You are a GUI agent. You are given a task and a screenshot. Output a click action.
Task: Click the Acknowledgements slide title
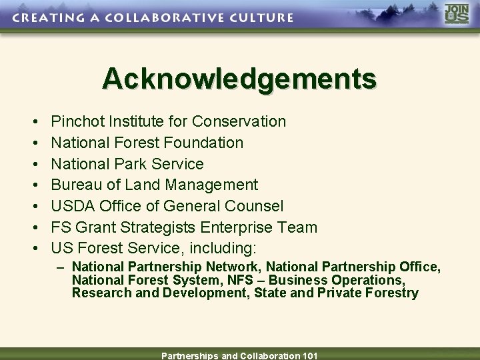(x=239, y=79)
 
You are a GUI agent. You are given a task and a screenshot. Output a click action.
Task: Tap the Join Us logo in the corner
(x=457, y=15)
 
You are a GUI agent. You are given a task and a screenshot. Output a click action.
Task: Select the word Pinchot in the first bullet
(x=77, y=121)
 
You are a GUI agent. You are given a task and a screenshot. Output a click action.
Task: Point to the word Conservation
(x=239, y=121)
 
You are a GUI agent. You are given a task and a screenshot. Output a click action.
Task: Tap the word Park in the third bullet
(x=133, y=164)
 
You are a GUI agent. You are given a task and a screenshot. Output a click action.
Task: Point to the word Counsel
(x=256, y=206)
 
